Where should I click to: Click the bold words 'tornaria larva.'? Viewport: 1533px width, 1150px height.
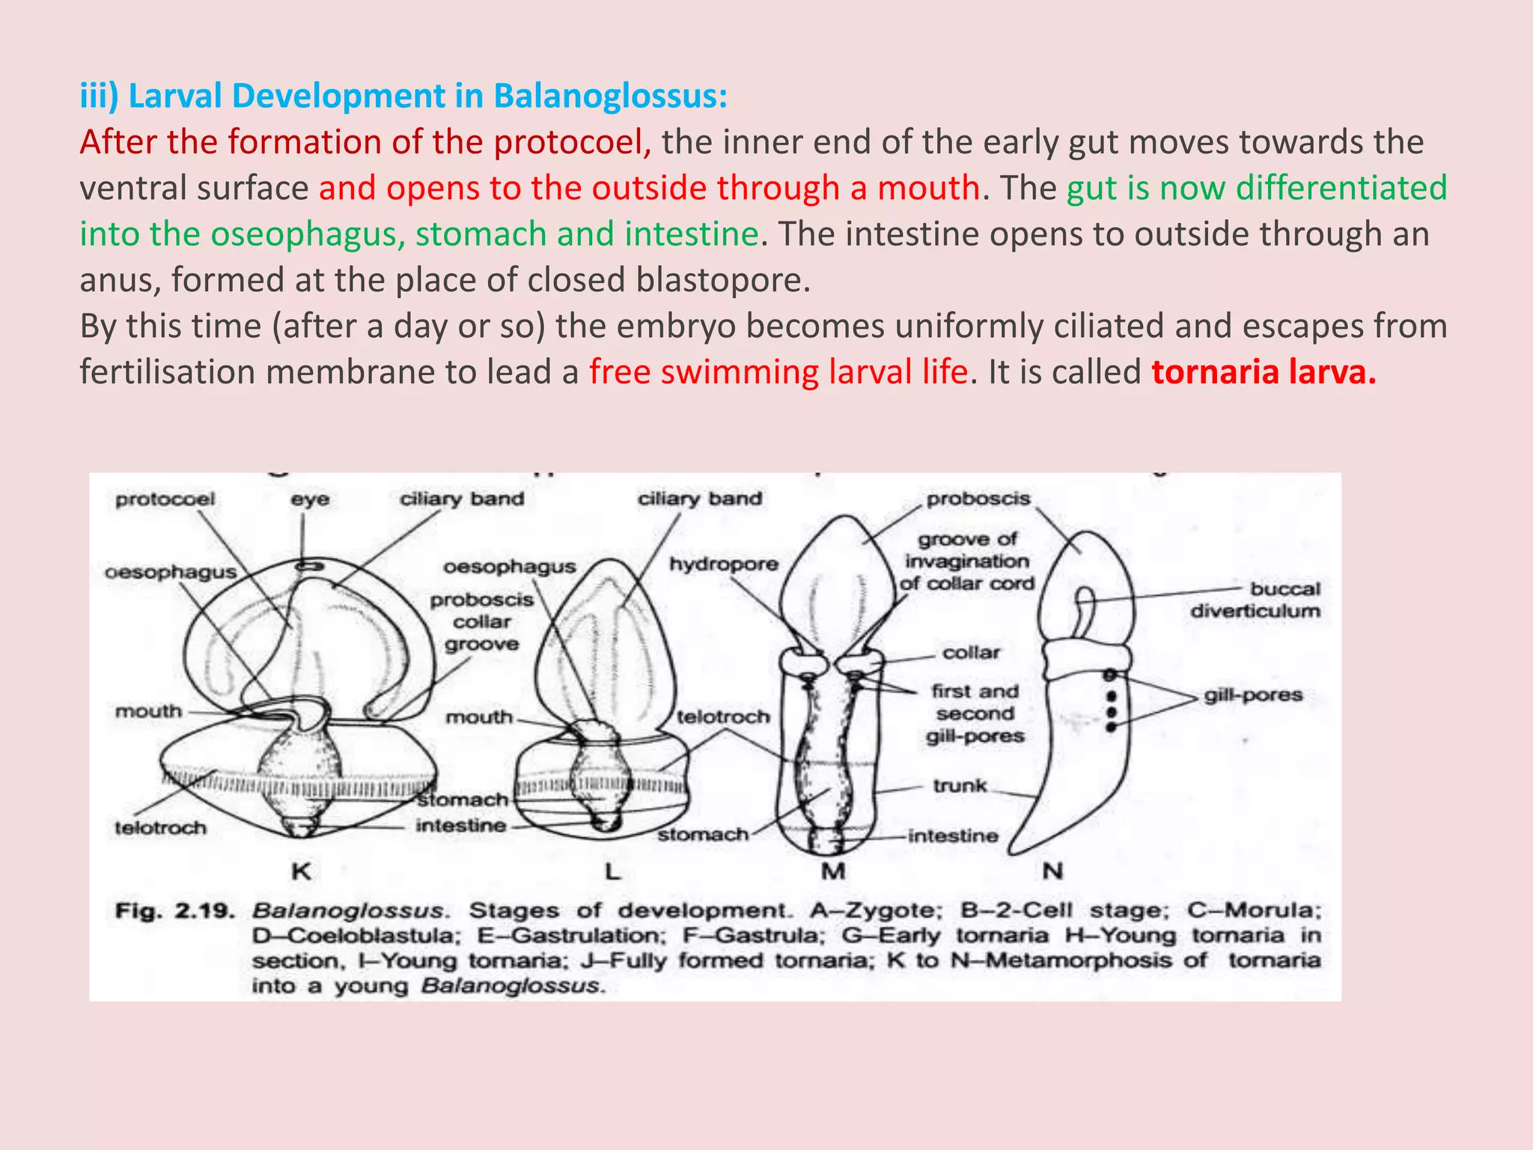coord(1264,372)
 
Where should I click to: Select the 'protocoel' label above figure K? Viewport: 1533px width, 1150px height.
coord(165,499)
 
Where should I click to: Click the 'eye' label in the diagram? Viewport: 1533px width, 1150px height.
coord(310,499)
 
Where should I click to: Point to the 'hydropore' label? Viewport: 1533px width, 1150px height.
coord(724,564)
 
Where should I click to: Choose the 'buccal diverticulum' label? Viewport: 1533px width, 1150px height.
coord(1255,600)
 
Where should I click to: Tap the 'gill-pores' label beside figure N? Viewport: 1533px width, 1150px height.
coord(1253,695)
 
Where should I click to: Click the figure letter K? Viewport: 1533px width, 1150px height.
coord(301,871)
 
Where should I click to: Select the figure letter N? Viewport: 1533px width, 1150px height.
coord(1052,871)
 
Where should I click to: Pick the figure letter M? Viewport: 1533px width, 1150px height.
coord(833,871)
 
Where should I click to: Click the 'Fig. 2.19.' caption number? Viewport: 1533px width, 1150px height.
coord(174,911)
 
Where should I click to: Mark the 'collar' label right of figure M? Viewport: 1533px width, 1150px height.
coord(971,653)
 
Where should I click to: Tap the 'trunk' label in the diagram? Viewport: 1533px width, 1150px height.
coord(960,785)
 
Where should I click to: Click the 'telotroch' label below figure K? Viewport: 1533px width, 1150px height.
coord(160,828)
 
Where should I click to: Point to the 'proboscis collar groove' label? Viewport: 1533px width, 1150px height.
coord(482,621)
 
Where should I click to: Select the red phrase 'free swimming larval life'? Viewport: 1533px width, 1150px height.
coord(778,372)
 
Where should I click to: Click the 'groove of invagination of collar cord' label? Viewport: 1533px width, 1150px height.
coord(968,561)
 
